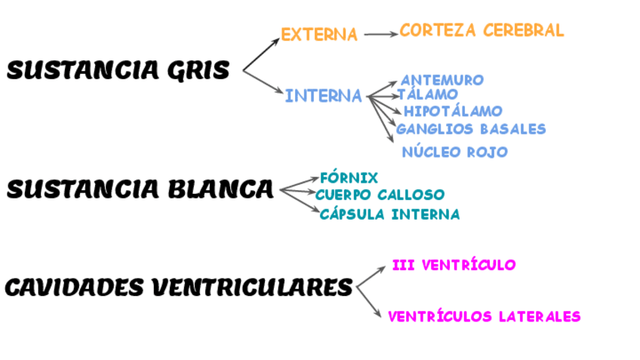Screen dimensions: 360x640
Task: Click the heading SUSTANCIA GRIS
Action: tap(118, 71)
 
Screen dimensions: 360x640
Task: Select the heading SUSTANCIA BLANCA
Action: tap(140, 189)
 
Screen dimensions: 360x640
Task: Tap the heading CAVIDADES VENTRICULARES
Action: tap(179, 288)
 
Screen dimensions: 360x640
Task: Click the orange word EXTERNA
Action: tap(319, 35)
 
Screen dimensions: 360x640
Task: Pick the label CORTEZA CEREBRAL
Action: tap(482, 30)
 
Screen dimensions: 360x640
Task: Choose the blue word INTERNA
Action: tap(323, 96)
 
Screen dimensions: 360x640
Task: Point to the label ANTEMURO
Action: tap(442, 80)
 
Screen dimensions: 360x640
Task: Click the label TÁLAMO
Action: tap(428, 94)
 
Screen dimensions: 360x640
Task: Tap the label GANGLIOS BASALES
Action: tap(471, 129)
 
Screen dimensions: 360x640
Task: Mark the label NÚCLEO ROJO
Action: tap(454, 152)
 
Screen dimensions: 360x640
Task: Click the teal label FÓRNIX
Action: tap(349, 178)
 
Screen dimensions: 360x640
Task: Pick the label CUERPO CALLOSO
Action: tap(380, 195)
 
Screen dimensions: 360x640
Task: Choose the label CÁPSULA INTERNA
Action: tap(389, 214)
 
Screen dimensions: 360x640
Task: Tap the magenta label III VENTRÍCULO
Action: tap(454, 265)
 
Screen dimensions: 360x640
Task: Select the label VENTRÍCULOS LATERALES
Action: tap(484, 317)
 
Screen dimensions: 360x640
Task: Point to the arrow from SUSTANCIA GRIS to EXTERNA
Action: tap(261, 55)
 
